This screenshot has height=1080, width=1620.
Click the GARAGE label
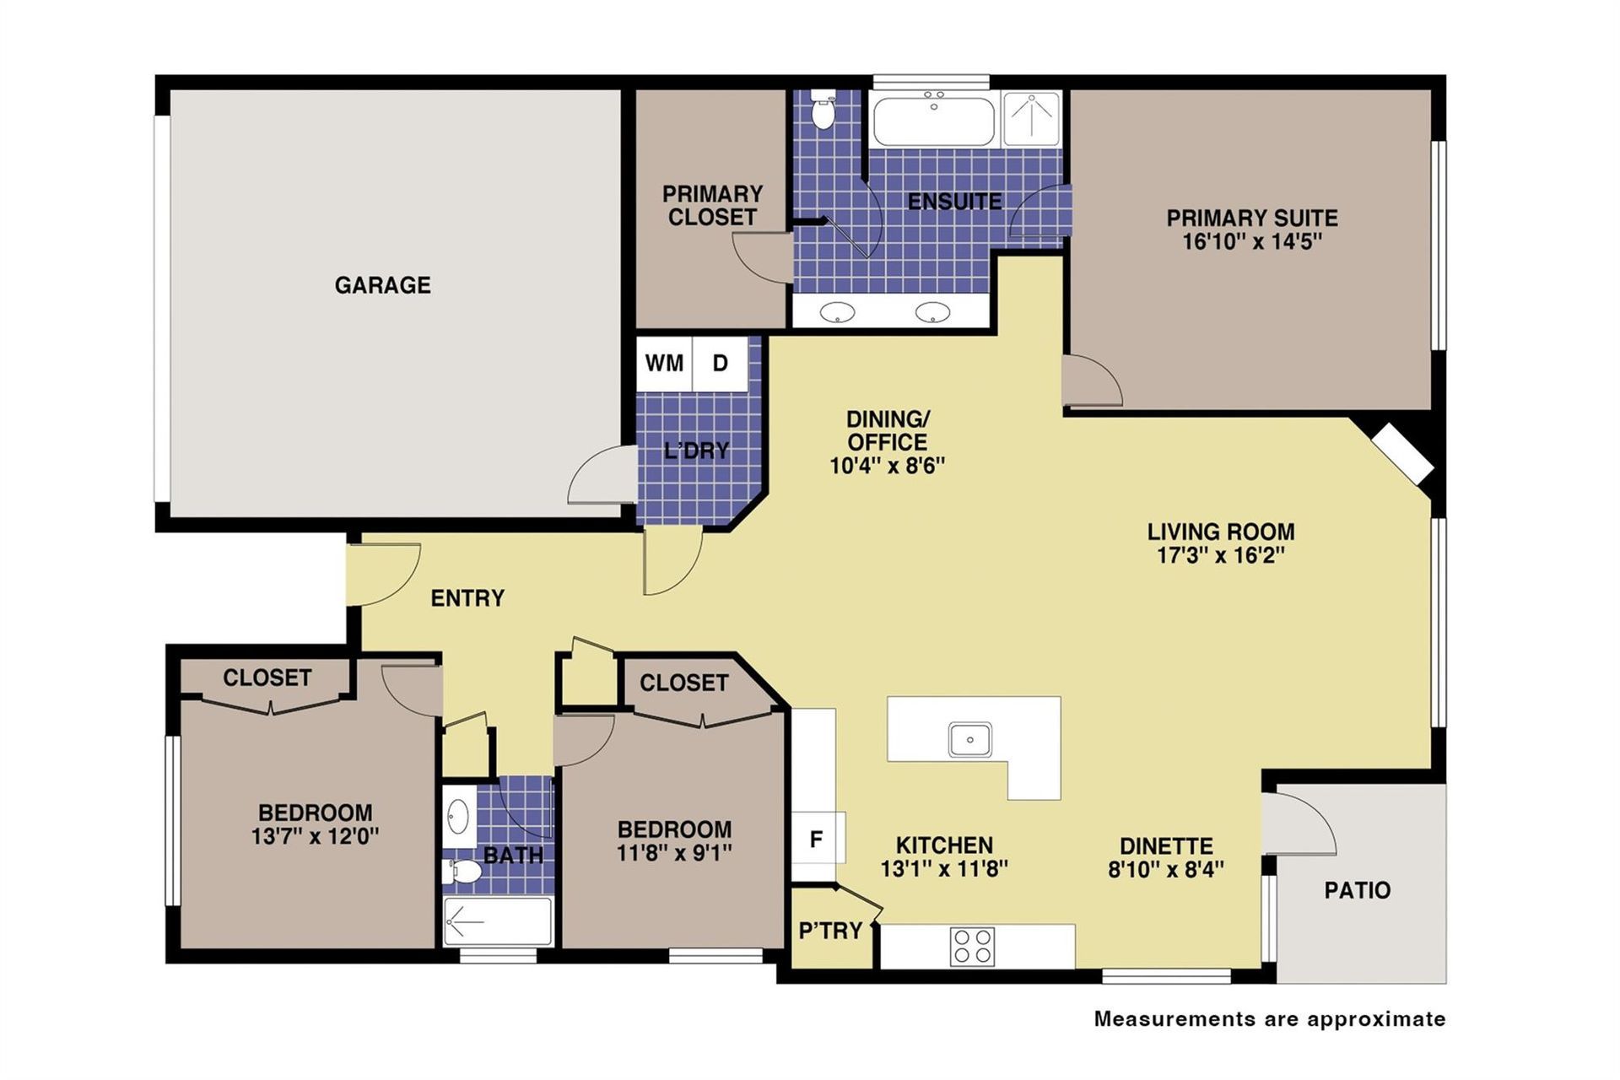click(382, 285)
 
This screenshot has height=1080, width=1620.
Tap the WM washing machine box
click(664, 364)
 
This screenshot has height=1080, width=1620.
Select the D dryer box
click(720, 364)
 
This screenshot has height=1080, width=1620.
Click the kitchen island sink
click(970, 740)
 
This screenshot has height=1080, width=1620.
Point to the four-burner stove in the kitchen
click(972, 946)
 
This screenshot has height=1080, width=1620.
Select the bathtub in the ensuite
click(933, 121)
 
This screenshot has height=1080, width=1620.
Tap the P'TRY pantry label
click(830, 931)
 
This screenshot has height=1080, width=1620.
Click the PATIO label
click(1357, 890)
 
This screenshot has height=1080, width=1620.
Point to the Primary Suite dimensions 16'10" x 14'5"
click(1252, 242)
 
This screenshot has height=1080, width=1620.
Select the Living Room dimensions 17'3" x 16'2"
click(1220, 555)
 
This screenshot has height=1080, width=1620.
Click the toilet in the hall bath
click(461, 873)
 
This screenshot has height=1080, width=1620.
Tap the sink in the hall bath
click(458, 817)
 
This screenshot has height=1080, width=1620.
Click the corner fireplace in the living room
click(1401, 454)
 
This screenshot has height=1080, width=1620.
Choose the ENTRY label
click(467, 598)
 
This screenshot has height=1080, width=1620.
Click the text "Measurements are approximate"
click(1270, 1018)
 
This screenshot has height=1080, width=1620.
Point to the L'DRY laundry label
click(696, 451)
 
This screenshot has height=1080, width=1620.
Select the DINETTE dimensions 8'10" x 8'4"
click(1166, 869)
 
